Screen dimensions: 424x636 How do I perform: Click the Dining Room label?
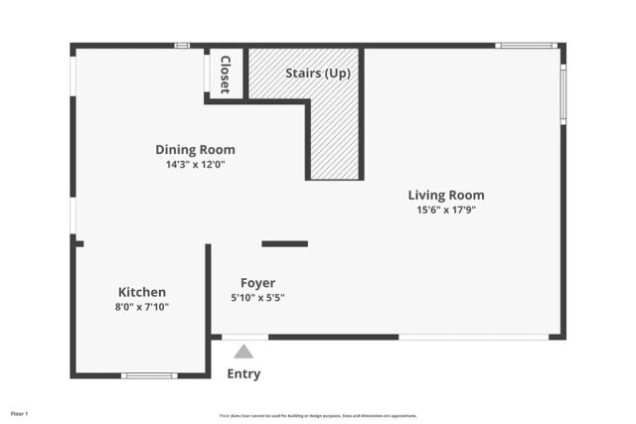(195, 150)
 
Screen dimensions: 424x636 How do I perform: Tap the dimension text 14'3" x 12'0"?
(195, 165)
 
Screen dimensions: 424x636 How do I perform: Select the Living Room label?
(446, 196)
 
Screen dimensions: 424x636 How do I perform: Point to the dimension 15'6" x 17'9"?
(446, 211)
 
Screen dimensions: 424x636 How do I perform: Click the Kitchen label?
(142, 293)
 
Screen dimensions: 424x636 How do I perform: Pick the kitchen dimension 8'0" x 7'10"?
(142, 308)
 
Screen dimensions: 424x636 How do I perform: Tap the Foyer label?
(257, 283)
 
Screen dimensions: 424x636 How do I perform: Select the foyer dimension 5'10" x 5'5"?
(257, 298)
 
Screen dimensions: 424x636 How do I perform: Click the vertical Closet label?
(225, 73)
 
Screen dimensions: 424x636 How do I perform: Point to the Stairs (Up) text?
(318, 73)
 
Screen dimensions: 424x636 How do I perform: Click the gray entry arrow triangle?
(243, 352)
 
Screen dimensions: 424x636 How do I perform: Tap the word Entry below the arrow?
(243, 374)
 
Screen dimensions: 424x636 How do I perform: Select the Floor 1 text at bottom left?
(20, 413)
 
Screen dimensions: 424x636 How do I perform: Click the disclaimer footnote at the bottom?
(318, 416)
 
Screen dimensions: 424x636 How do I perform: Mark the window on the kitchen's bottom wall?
(149, 375)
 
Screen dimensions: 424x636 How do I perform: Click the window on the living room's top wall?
(527, 46)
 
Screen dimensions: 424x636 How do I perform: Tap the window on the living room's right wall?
(562, 94)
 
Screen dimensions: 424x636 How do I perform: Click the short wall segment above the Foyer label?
(284, 243)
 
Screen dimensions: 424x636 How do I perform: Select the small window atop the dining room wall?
(182, 46)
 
